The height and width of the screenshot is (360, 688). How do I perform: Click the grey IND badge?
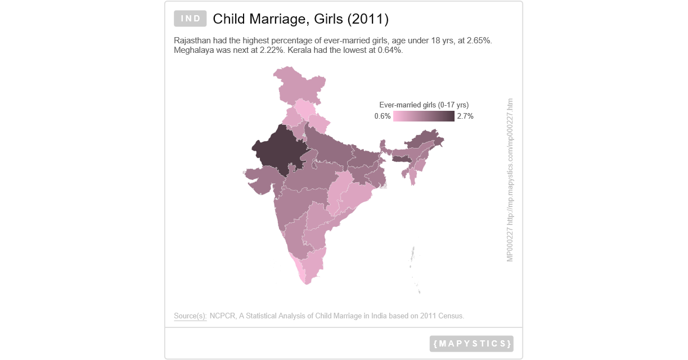pyautogui.click(x=191, y=19)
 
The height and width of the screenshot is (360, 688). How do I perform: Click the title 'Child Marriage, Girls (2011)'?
pyautogui.click(x=300, y=19)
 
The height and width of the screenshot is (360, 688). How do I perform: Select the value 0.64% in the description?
pyautogui.click(x=389, y=50)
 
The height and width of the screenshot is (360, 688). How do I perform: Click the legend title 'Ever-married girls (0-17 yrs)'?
pyautogui.click(x=424, y=105)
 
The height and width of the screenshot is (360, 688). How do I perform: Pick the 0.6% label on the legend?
pyautogui.click(x=383, y=116)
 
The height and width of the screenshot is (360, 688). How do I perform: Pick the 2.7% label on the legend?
pyautogui.click(x=465, y=116)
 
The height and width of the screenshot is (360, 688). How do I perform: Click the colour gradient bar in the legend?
pyautogui.click(x=424, y=116)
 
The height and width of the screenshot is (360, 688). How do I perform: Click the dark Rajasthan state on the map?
pyautogui.click(x=276, y=149)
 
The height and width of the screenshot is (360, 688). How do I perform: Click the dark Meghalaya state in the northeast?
pyautogui.click(x=401, y=160)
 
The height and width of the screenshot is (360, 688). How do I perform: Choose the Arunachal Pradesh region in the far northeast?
pyautogui.click(x=428, y=138)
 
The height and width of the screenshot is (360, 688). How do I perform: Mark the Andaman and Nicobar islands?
pyautogui.click(x=414, y=259)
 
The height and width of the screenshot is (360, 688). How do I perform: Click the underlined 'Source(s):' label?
pyautogui.click(x=190, y=316)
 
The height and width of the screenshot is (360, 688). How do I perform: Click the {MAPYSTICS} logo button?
pyautogui.click(x=471, y=343)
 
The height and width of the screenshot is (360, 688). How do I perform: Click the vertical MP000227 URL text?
pyautogui.click(x=510, y=180)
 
